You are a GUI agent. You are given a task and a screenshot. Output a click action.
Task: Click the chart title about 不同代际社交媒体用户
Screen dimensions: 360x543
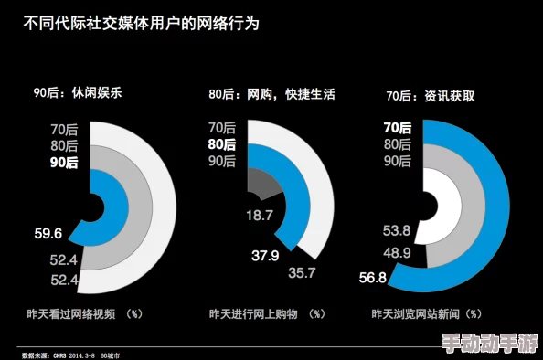click(141, 23)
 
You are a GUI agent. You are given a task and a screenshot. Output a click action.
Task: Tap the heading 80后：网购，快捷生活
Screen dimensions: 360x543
click(271, 93)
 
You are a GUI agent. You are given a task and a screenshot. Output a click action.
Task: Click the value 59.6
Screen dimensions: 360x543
click(48, 233)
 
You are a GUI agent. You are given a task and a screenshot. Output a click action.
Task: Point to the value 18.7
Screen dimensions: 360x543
click(260, 216)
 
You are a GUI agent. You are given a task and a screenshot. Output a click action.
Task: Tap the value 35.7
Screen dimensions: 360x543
click(302, 271)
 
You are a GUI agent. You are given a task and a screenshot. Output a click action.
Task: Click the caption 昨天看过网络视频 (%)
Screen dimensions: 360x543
click(85, 313)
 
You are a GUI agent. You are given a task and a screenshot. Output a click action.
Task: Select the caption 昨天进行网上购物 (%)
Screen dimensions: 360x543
click(267, 313)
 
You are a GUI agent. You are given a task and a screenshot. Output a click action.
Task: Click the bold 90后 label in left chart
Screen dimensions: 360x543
click(64, 163)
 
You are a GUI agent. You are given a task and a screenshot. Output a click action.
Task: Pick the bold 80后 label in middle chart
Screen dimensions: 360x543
click(222, 144)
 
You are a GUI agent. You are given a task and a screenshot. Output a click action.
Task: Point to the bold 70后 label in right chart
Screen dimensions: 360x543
click(398, 128)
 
